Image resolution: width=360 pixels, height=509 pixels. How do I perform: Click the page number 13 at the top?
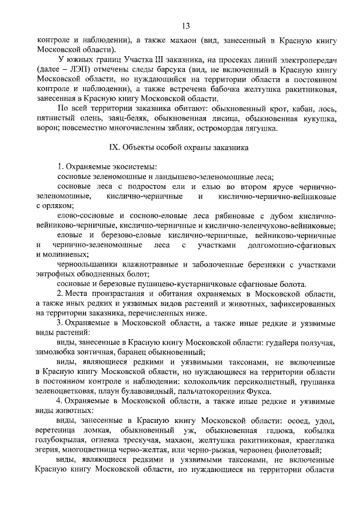pos(185,25)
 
